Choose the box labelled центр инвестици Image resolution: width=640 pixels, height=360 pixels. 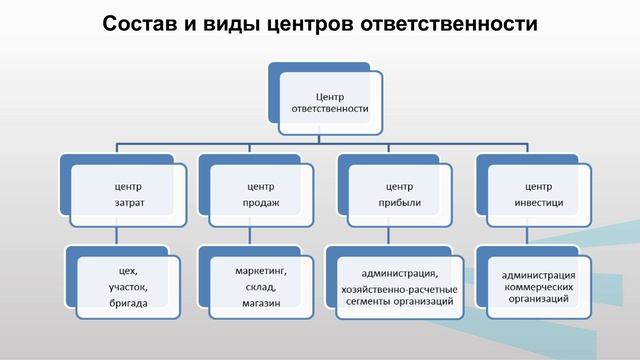pyautogui.click(x=537, y=195)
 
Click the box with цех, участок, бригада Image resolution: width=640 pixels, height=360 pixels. pyautogui.click(x=126, y=286)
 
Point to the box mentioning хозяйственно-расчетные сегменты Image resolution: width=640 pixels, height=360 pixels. pyautogui.click(x=399, y=286)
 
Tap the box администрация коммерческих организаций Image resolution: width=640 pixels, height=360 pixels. pyautogui.click(x=538, y=286)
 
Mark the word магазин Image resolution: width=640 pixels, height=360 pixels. pyautogui.click(x=260, y=302)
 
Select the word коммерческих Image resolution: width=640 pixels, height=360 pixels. pyautogui.click(x=538, y=286)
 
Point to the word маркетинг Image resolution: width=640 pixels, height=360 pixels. pyautogui.click(x=260, y=270)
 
